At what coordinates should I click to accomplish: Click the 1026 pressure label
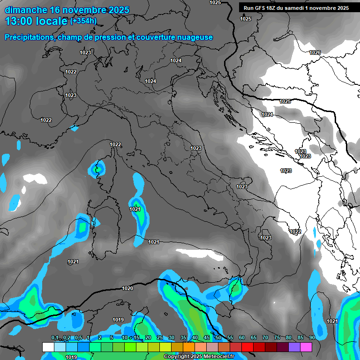(315, 52)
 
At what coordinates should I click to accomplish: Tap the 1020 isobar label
(127, 288)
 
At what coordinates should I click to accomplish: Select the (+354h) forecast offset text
(83, 21)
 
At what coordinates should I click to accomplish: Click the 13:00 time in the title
(20, 21)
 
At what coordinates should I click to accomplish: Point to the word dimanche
(25, 10)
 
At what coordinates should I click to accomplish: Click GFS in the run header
(262, 8)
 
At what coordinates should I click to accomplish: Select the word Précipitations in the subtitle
(30, 37)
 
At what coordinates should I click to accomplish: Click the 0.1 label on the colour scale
(55, 338)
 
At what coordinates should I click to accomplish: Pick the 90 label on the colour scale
(312, 338)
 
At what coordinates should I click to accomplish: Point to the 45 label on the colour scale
(207, 338)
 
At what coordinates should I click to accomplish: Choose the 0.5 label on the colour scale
(78, 338)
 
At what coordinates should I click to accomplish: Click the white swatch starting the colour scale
(48, 347)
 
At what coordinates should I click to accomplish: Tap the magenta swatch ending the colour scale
(306, 347)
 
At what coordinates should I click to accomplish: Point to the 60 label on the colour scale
(242, 338)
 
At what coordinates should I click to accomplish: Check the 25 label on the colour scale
(160, 338)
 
